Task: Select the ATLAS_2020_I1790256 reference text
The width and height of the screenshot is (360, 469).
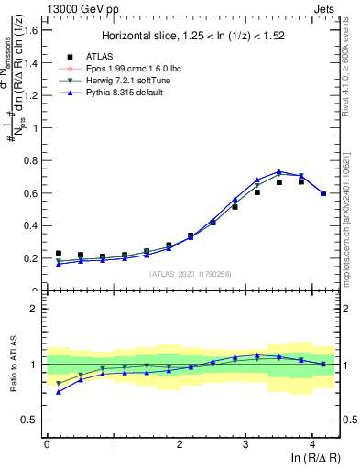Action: click(191, 274)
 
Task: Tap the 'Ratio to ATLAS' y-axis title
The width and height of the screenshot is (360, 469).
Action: click(12, 365)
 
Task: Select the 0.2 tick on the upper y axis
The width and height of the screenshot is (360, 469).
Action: click(31, 258)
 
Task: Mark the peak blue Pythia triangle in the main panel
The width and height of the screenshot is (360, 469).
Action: click(279, 172)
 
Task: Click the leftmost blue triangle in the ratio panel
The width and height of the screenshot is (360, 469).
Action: click(59, 392)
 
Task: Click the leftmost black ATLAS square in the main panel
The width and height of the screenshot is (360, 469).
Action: click(59, 253)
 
